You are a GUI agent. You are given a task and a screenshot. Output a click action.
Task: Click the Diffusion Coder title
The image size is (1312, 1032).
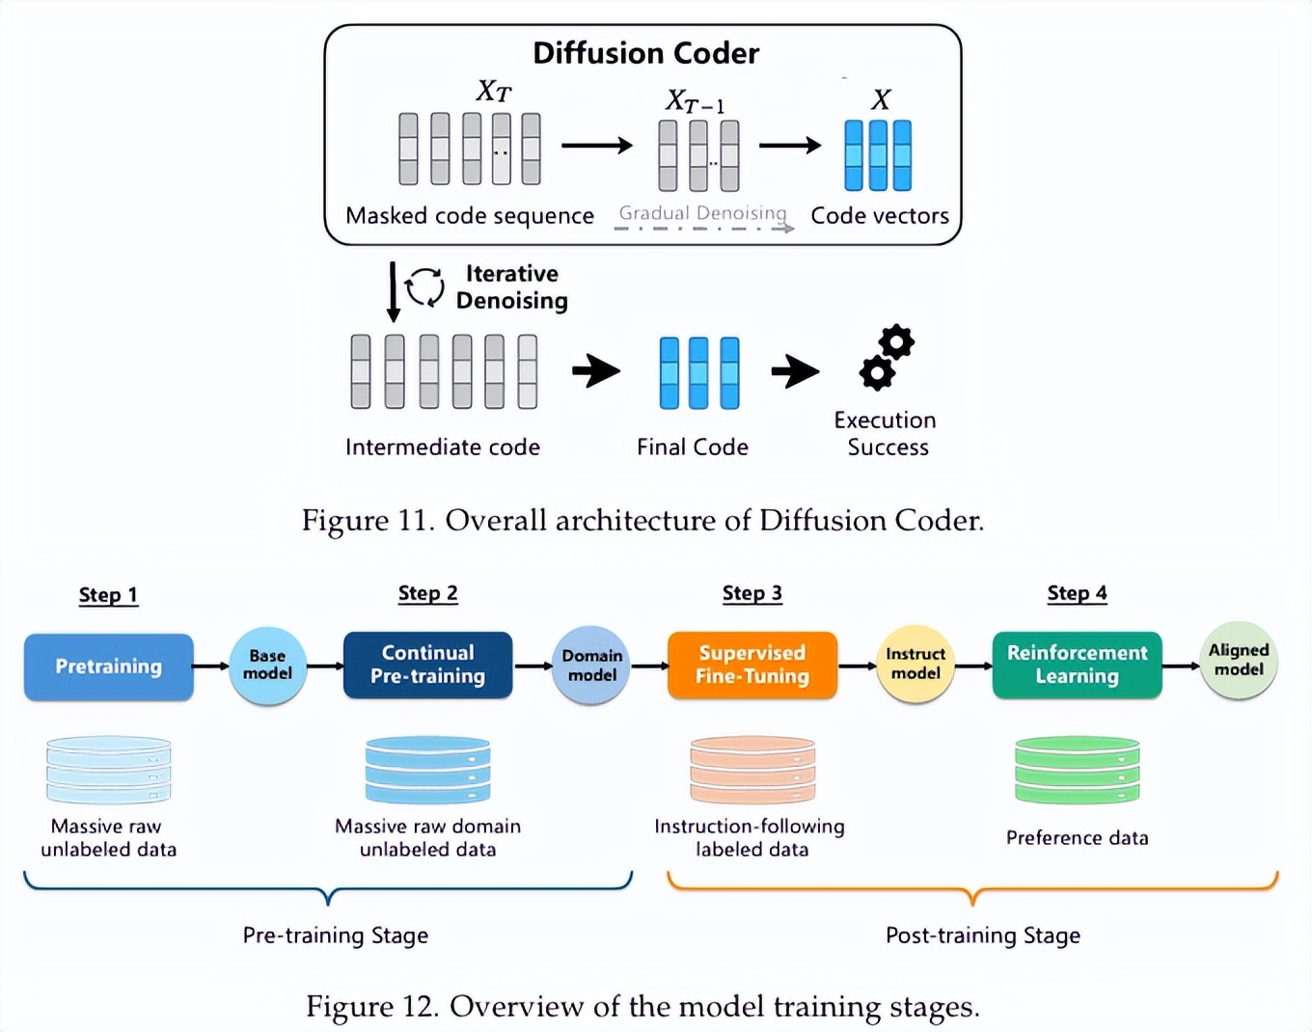645,53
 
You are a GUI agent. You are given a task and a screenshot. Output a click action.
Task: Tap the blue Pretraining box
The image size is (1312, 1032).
108,666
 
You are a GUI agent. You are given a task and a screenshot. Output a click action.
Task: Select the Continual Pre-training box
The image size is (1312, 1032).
427,665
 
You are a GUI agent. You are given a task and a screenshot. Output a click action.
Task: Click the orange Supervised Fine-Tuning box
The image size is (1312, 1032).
752,665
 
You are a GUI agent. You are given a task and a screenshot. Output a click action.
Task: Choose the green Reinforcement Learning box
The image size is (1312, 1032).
1077,665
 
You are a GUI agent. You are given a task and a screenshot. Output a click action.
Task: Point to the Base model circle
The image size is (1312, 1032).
267,665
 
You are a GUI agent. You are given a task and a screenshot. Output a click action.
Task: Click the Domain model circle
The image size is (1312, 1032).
591,665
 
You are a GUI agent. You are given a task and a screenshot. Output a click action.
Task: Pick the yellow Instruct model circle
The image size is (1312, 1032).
915,664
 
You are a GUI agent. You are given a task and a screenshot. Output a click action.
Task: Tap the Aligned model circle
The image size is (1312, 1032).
1239,661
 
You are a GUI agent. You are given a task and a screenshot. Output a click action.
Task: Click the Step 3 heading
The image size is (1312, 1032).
752,593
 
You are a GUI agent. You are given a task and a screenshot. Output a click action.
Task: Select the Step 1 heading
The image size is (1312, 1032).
108,595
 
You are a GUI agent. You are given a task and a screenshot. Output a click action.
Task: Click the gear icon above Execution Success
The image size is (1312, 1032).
887,357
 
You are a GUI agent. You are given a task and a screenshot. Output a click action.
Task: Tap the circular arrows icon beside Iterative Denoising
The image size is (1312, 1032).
424,286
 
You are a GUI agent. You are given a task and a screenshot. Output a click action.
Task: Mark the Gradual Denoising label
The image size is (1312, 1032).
702,213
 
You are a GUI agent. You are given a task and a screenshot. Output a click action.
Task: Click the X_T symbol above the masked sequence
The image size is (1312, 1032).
493,92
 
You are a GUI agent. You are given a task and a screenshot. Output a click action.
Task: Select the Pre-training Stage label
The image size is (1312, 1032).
335,935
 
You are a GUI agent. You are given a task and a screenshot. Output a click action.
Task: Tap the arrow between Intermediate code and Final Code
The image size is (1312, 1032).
596,370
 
